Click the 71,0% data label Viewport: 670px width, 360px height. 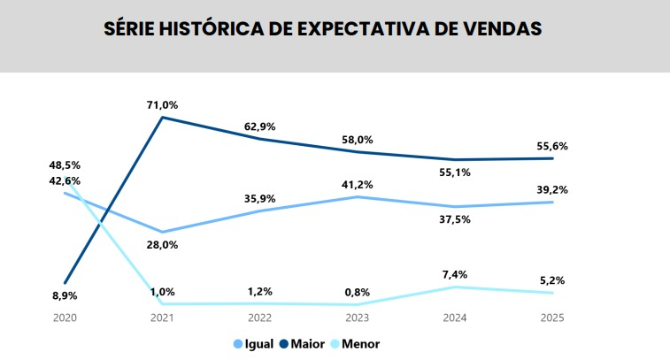(x=163, y=104)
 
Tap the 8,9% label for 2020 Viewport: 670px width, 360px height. (x=65, y=295)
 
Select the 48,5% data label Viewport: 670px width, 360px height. (x=65, y=165)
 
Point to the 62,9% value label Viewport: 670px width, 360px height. (x=260, y=126)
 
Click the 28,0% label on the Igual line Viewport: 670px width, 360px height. (x=163, y=245)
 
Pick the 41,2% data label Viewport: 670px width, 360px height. (x=357, y=184)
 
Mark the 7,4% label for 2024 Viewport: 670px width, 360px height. (x=454, y=274)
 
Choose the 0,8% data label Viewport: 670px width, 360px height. (x=357, y=292)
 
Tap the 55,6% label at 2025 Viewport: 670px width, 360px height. (x=551, y=146)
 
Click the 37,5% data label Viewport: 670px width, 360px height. (x=454, y=221)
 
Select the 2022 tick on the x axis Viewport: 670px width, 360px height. (x=260, y=317)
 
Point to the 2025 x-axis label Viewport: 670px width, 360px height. (x=551, y=317)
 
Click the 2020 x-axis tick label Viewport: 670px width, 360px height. (x=65, y=317)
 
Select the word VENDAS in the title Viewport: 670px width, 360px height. (x=500, y=28)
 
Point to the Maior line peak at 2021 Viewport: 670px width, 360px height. (x=163, y=117)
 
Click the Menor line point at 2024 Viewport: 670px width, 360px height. (x=454, y=287)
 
